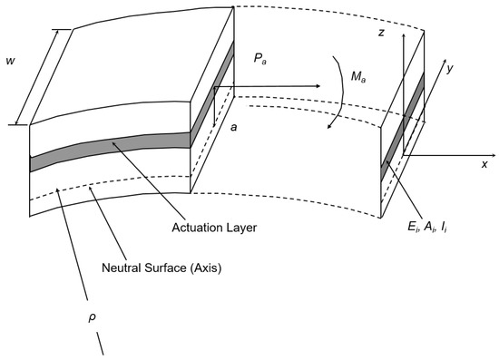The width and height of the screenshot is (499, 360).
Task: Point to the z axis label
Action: click(x=384, y=33)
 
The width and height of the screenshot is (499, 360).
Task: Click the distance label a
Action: click(x=234, y=129)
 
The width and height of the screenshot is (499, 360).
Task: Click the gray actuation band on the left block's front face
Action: click(x=109, y=148)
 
